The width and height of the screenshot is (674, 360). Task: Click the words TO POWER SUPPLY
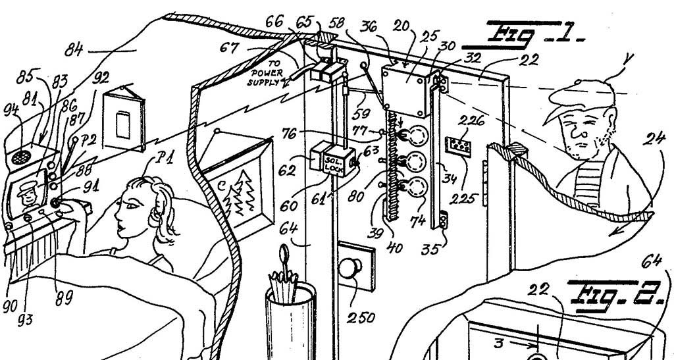point(267,72)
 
